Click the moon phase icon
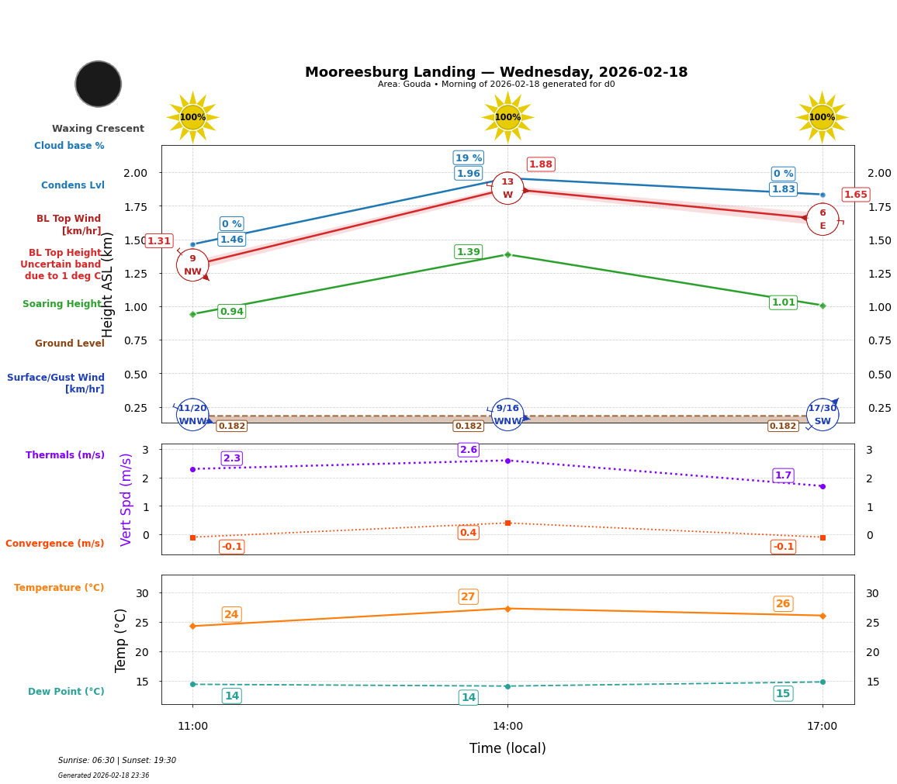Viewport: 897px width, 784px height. [x=98, y=84]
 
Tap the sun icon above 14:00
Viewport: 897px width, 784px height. [x=507, y=117]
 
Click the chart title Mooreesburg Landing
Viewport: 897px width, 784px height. [x=496, y=72]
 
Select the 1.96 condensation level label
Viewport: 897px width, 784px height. [x=468, y=174]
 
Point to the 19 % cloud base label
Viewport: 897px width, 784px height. [x=468, y=157]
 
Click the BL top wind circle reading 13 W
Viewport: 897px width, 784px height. [x=507, y=188]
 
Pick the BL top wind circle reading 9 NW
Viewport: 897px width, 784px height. [x=192, y=265]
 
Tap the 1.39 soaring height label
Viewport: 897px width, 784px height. [x=468, y=252]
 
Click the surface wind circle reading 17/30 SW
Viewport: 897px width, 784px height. [x=823, y=415]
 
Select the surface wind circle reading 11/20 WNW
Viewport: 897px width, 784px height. [x=192, y=415]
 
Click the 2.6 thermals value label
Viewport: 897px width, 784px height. [x=468, y=450]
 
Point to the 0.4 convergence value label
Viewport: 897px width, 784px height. [x=468, y=533]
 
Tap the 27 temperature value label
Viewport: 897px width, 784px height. [x=468, y=596]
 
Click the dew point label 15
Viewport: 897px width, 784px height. [x=783, y=693]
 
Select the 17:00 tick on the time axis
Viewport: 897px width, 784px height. [x=822, y=727]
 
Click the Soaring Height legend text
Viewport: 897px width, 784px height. [x=62, y=304]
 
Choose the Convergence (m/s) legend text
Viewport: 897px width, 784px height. [x=54, y=544]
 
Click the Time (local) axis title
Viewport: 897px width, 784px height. [x=507, y=748]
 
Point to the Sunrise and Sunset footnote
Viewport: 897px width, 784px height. [x=117, y=761]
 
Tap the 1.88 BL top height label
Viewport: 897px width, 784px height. [x=540, y=164]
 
